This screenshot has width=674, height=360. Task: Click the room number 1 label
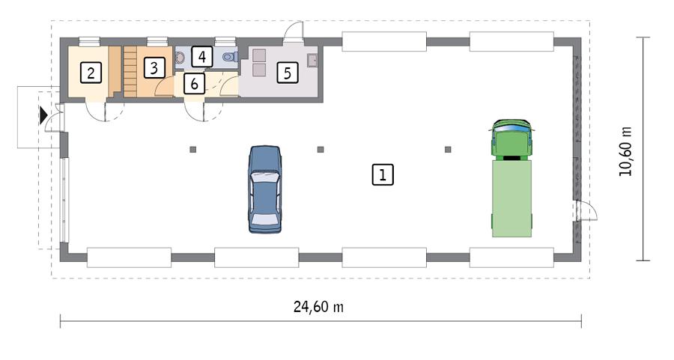382,175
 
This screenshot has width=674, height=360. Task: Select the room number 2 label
91,73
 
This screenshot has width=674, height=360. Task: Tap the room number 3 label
154,68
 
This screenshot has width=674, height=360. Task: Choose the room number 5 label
287,73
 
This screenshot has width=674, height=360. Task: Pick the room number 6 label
194,83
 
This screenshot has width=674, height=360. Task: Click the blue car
265,189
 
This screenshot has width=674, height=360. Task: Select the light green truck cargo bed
511,198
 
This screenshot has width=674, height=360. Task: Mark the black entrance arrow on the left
43,115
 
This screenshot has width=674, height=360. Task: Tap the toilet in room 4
229,55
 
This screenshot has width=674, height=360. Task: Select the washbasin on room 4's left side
180,57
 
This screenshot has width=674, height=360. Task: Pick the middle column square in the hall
321,150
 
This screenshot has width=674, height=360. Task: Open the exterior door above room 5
295,33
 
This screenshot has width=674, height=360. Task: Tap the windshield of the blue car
265,179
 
